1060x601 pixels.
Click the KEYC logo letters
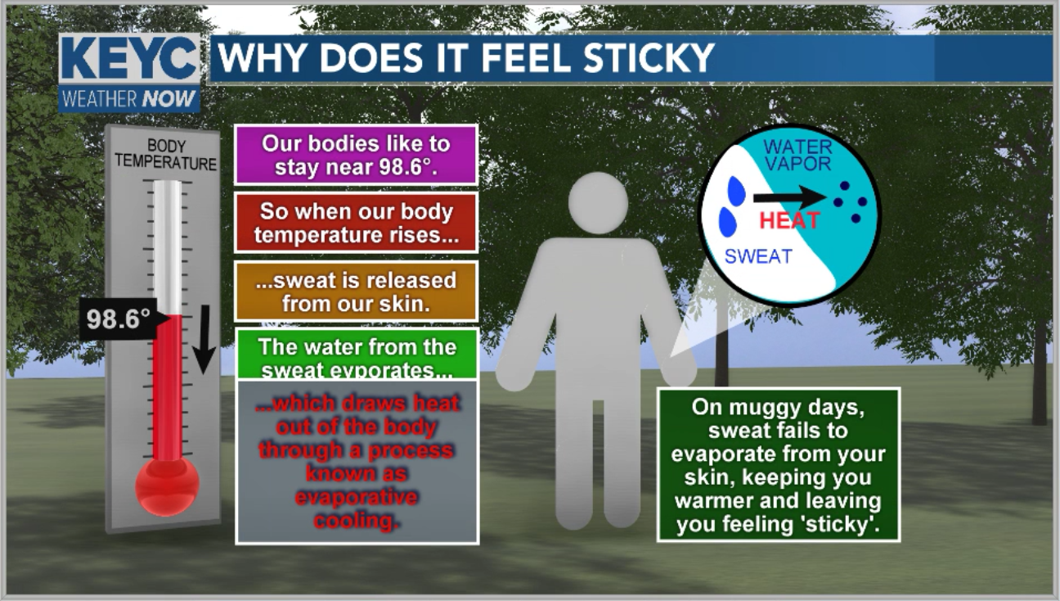coord(129,59)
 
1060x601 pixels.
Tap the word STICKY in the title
coord(649,58)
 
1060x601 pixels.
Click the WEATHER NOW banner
coord(129,99)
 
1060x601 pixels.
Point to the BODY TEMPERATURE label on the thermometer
coord(165,155)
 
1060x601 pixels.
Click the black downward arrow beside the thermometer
coord(204,339)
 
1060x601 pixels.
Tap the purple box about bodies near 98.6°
coord(356,155)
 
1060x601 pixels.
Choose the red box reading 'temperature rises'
coord(356,223)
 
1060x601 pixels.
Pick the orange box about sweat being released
coord(356,291)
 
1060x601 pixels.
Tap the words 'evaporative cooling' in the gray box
coord(357,508)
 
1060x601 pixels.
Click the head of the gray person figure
coord(598,203)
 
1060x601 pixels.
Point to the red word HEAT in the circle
coord(790,221)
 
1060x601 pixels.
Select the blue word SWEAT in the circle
coord(758,256)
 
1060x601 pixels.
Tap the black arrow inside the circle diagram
coord(789,197)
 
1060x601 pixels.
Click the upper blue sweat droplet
coord(736,191)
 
